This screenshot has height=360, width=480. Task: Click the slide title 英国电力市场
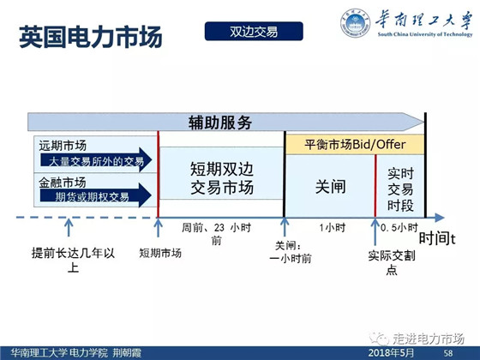91,37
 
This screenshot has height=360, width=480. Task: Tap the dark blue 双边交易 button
254,31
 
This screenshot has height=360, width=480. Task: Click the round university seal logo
355,23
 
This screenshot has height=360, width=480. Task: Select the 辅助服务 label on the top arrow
220,123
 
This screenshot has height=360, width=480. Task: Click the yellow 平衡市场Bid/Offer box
355,145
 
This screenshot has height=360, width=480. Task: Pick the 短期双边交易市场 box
222,173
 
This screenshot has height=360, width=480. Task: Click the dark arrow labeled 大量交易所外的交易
96,160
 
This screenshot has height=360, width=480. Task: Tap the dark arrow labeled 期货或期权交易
95,195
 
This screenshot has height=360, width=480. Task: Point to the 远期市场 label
63,146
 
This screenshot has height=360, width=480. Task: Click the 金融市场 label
62,183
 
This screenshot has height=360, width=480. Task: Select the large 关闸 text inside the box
331,187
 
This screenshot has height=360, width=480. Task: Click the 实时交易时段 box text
400,189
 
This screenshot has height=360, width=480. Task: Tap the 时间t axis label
437,238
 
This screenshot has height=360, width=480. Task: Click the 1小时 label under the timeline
333,228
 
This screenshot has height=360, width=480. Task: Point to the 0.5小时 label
399,227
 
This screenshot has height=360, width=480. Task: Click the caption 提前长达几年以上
73,261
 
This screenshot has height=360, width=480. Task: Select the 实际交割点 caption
392,262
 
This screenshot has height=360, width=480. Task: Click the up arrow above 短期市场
158,227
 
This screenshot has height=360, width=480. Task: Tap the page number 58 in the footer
448,353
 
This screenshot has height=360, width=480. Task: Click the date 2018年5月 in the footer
391,352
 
